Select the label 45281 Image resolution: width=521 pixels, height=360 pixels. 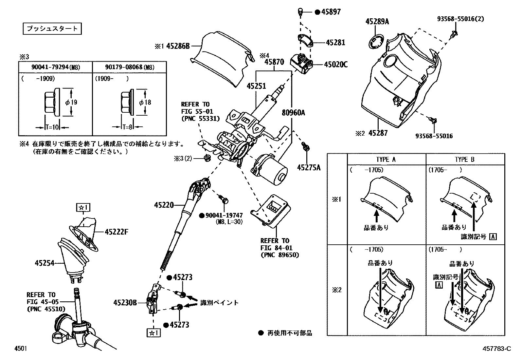pos(335,43)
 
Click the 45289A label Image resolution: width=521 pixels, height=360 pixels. pos(377,22)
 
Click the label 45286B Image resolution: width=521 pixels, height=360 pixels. pos(178,46)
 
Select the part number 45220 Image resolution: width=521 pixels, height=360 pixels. pos(164,205)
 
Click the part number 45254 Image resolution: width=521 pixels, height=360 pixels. pos(45,263)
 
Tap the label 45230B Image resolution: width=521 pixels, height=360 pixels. pos(125,302)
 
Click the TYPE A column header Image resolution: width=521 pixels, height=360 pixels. pos(386,160)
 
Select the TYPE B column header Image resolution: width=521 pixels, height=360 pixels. pos(464,160)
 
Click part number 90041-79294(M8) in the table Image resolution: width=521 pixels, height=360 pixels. pos(56,67)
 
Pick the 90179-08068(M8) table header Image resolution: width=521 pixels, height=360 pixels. pos(129,67)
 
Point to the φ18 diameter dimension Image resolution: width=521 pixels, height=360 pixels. pos(145,102)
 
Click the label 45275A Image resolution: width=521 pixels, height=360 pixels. pos(309,168)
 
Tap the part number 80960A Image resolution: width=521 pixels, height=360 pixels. pos(294,113)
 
